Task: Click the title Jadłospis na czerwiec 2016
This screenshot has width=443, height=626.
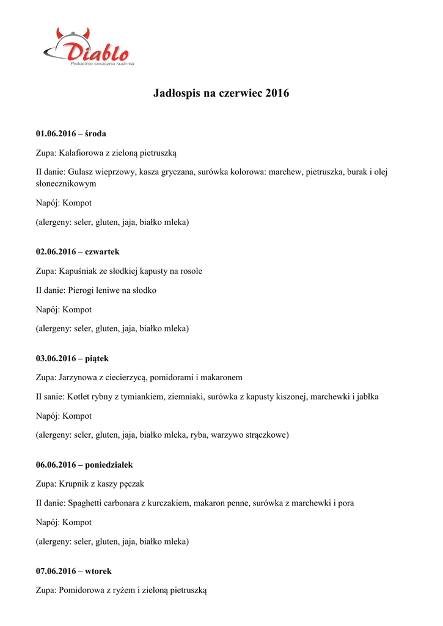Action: click(221, 94)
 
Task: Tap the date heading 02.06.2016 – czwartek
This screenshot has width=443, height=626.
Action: click(78, 251)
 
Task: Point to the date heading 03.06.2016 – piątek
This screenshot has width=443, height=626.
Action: click(72, 358)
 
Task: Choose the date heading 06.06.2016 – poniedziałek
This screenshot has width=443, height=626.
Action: click(84, 465)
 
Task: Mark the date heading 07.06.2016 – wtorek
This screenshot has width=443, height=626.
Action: click(73, 571)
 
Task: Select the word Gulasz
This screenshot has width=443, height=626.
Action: click(81, 172)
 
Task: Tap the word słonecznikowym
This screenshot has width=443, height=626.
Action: click(66, 183)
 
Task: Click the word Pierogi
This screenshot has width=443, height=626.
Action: click(81, 290)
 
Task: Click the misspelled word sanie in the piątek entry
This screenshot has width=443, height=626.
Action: click(53, 397)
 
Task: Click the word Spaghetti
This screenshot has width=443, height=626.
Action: click(87, 503)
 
